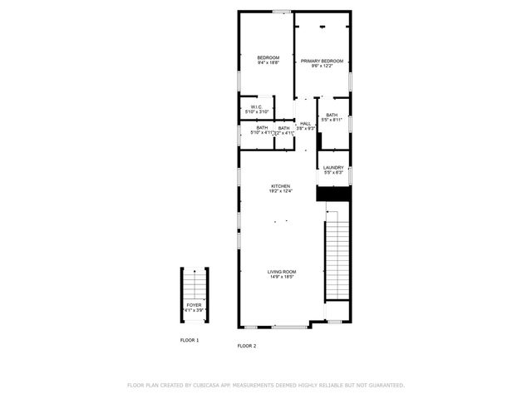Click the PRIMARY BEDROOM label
(322, 61)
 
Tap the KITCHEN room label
(280, 185)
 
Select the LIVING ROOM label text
(282, 272)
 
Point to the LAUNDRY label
(333, 168)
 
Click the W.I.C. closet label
(255, 106)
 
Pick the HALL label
(306, 124)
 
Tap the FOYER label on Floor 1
(193, 305)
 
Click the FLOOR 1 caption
(190, 341)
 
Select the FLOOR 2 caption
(247, 345)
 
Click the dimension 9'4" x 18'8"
(268, 62)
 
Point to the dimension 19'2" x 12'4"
(280, 191)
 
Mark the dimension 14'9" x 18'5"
(282, 278)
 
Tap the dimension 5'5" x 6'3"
(333, 173)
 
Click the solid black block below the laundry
(333, 193)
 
